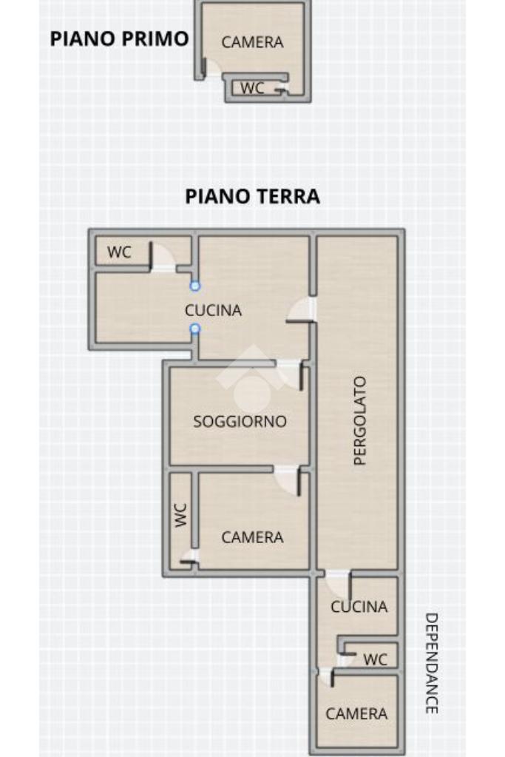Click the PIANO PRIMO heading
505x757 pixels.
(119, 38)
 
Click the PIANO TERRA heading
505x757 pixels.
(252, 197)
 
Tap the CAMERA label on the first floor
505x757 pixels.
(252, 42)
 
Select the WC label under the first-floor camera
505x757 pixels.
(252, 88)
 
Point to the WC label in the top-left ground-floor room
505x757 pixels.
(119, 252)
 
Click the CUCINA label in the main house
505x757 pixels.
(213, 310)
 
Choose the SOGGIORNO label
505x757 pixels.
(240, 422)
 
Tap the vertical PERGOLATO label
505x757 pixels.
(360, 421)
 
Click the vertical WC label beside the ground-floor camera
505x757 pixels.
(180, 516)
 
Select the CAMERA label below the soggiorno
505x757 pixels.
(252, 537)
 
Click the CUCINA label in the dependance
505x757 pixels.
(359, 607)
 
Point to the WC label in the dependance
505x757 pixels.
(376, 659)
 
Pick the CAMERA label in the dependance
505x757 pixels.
(356, 713)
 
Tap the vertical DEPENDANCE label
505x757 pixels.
(431, 663)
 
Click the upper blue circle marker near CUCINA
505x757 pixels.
(195, 286)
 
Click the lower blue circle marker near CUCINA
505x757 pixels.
(195, 329)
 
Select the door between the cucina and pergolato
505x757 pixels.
(302, 310)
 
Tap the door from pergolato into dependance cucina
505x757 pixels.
(338, 585)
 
